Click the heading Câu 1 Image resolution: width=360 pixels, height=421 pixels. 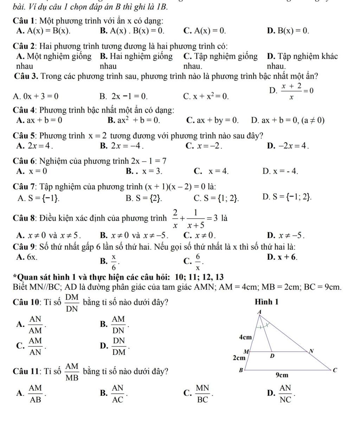24,21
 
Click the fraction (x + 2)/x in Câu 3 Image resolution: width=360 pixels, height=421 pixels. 290,92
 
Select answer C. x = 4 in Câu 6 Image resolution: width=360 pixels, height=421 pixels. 211,171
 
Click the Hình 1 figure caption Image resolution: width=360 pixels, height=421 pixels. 266,302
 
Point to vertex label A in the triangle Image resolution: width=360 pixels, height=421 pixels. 260,312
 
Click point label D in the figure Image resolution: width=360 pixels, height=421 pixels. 271,357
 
